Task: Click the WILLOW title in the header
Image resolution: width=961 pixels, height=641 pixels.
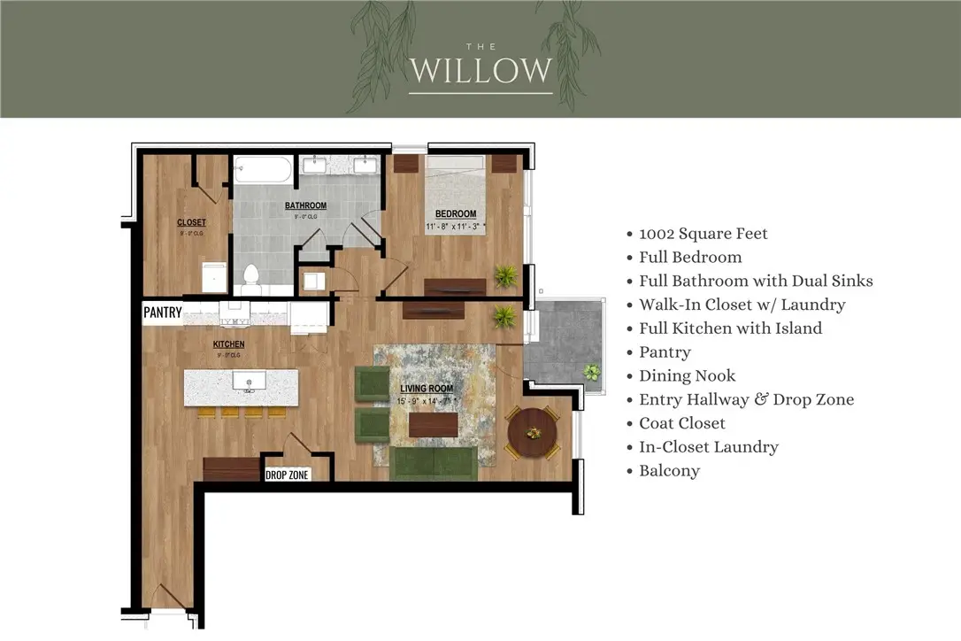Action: [x=480, y=70]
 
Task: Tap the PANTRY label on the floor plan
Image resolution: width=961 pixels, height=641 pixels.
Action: [x=163, y=312]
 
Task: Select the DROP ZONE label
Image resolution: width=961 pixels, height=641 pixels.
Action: [x=288, y=475]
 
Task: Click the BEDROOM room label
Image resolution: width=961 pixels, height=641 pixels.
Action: [x=455, y=213]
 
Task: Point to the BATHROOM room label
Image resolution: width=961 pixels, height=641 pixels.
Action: [x=305, y=205]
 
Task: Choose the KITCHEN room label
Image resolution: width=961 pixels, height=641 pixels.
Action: [x=228, y=344]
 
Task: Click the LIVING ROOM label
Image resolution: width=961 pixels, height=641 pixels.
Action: [x=427, y=388]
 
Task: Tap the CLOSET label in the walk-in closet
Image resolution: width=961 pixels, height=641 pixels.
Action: [x=191, y=222]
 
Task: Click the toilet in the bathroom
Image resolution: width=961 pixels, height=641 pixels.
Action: [x=250, y=278]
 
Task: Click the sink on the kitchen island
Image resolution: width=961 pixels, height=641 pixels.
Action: [x=250, y=382]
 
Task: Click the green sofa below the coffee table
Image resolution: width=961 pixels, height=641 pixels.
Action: [x=434, y=463]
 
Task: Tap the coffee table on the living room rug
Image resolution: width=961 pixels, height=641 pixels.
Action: [x=434, y=425]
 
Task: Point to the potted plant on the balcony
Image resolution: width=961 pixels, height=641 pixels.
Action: [x=590, y=372]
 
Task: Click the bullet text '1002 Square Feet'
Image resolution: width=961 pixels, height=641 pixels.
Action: [x=703, y=234]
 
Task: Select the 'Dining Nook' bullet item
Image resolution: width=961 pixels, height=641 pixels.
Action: [x=687, y=375]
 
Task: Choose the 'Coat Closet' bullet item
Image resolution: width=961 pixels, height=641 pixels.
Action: [x=681, y=423]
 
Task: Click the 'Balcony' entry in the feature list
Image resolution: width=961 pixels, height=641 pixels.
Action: [x=669, y=471]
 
